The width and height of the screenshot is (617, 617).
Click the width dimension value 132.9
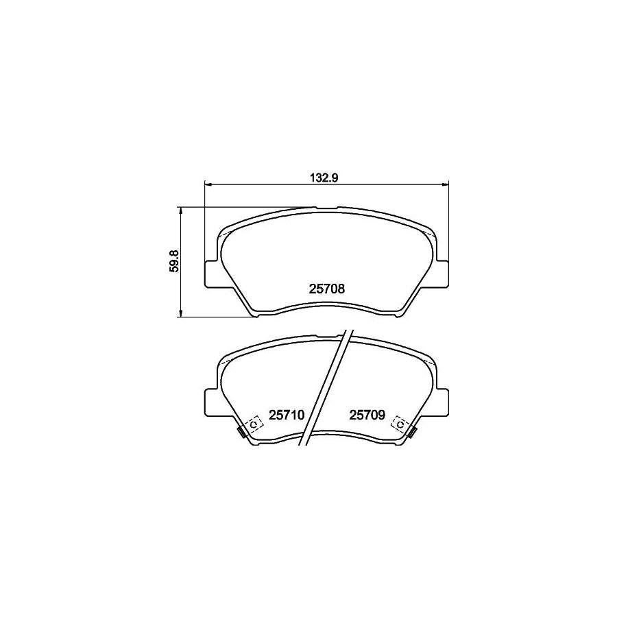pyautogui.click(x=326, y=177)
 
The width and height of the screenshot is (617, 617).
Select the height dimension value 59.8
pyautogui.click(x=174, y=262)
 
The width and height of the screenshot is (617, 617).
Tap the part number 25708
pyautogui.click(x=326, y=289)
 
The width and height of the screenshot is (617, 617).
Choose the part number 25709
pyautogui.click(x=367, y=415)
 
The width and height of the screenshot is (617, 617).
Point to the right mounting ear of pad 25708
pyautogui.click(x=441, y=274)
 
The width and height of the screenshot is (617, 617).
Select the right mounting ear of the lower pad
pyautogui.click(x=441, y=402)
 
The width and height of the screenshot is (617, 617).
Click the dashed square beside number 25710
pyautogui.click(x=254, y=424)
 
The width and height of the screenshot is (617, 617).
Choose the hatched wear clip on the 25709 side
pyautogui.click(x=411, y=432)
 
